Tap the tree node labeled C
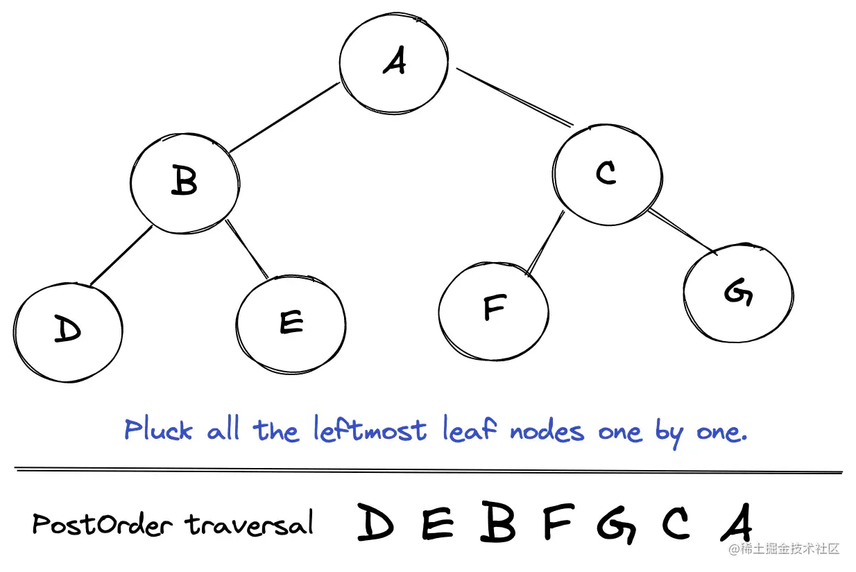(606, 173)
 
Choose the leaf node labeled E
(291, 322)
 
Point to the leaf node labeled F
(493, 308)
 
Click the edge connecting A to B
(284, 117)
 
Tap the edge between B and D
(120, 256)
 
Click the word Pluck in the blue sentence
(158, 431)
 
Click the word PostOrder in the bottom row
(101, 523)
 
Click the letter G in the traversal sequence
(616, 524)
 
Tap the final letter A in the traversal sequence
(736, 523)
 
